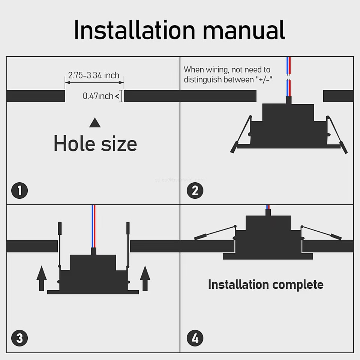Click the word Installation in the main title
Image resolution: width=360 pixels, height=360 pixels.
(x=134, y=30)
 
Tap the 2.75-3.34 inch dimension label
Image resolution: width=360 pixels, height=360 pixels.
(x=94, y=75)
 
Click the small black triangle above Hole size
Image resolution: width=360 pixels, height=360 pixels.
(x=95, y=123)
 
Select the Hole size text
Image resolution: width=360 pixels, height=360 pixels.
(x=95, y=144)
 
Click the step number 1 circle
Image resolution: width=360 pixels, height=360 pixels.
(x=19, y=191)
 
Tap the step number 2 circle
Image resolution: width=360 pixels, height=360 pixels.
(x=195, y=191)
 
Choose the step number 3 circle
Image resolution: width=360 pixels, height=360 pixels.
(x=19, y=339)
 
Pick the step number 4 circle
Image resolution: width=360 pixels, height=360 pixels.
(x=195, y=339)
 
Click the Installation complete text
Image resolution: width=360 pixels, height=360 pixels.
(x=265, y=285)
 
